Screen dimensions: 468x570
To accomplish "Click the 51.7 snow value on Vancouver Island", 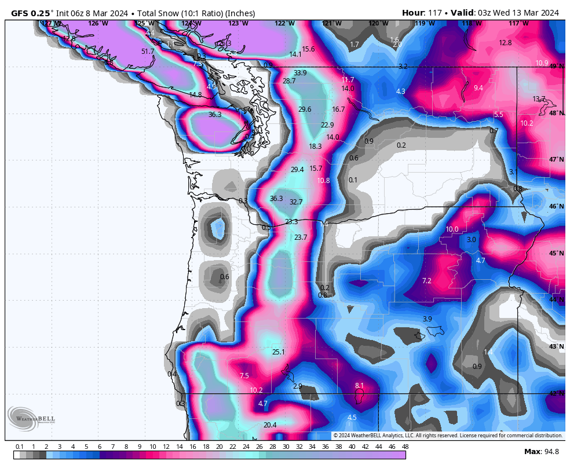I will coord(148,52).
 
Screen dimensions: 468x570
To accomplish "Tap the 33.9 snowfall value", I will coord(300,73).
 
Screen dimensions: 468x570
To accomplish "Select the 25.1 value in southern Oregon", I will coord(279,352).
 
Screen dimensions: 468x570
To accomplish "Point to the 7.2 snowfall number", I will coord(426,281).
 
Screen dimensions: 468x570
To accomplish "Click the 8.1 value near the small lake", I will coord(359,386).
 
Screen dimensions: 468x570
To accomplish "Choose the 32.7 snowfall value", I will coord(296,202).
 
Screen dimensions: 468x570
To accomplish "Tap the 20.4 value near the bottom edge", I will coord(270,425).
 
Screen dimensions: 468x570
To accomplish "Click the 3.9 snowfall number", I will coord(427,319).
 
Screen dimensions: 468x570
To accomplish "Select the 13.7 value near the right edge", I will coord(539,99).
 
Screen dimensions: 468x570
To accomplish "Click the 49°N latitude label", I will coord(556,67).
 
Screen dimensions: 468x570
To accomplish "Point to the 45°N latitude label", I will coord(556,253).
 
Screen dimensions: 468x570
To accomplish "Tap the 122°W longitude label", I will coord(284,23).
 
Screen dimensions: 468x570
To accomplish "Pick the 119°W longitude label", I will coord(425,23).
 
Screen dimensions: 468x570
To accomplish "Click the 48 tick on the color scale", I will coord(405,447).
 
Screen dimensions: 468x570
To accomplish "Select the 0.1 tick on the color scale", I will coord(19,447).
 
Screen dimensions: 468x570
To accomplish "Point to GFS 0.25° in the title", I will coord(32,13).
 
